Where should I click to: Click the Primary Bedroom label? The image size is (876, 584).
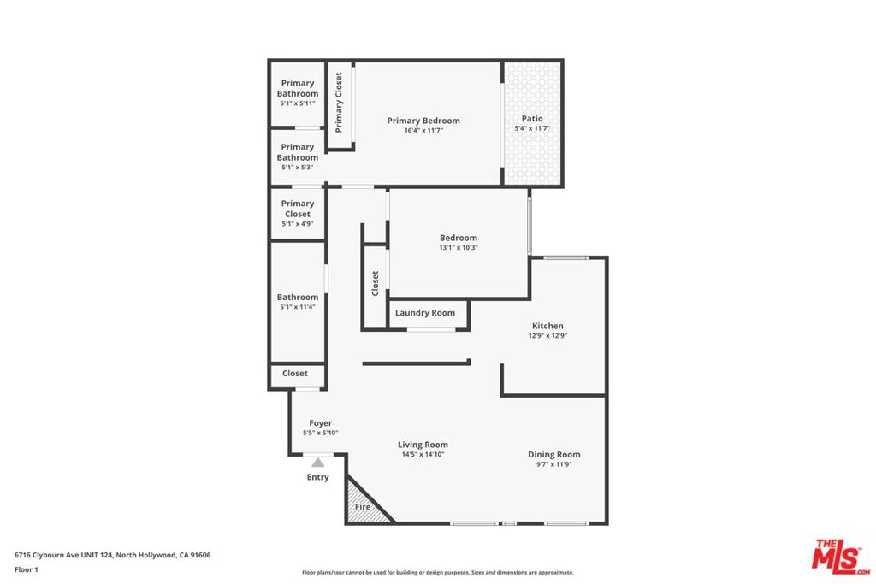pos(423,121)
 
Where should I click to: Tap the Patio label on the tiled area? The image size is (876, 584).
pos(532,118)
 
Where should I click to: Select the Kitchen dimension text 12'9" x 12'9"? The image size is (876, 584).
pos(547,335)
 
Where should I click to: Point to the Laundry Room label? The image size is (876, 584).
pos(425,313)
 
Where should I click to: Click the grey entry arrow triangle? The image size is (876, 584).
pos(318,463)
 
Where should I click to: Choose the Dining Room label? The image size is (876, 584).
pos(554,455)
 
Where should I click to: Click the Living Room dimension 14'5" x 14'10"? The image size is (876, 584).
pos(423,455)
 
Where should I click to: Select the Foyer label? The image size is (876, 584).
pos(321,423)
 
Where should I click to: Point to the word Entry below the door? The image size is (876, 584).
pos(318,477)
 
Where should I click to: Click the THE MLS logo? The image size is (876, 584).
pos(841,557)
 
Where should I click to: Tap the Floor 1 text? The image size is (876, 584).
pos(27,569)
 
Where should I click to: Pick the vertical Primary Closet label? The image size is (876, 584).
pos(339,103)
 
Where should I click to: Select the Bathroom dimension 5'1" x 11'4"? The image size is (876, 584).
pos(298,306)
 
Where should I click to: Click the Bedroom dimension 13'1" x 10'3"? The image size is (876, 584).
pos(459,247)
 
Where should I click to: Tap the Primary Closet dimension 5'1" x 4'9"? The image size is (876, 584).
pos(298,224)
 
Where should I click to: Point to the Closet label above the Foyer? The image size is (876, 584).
pos(295,373)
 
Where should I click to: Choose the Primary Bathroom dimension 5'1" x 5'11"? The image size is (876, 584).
pos(298,103)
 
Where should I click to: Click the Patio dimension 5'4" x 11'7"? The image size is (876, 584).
pos(532,128)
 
